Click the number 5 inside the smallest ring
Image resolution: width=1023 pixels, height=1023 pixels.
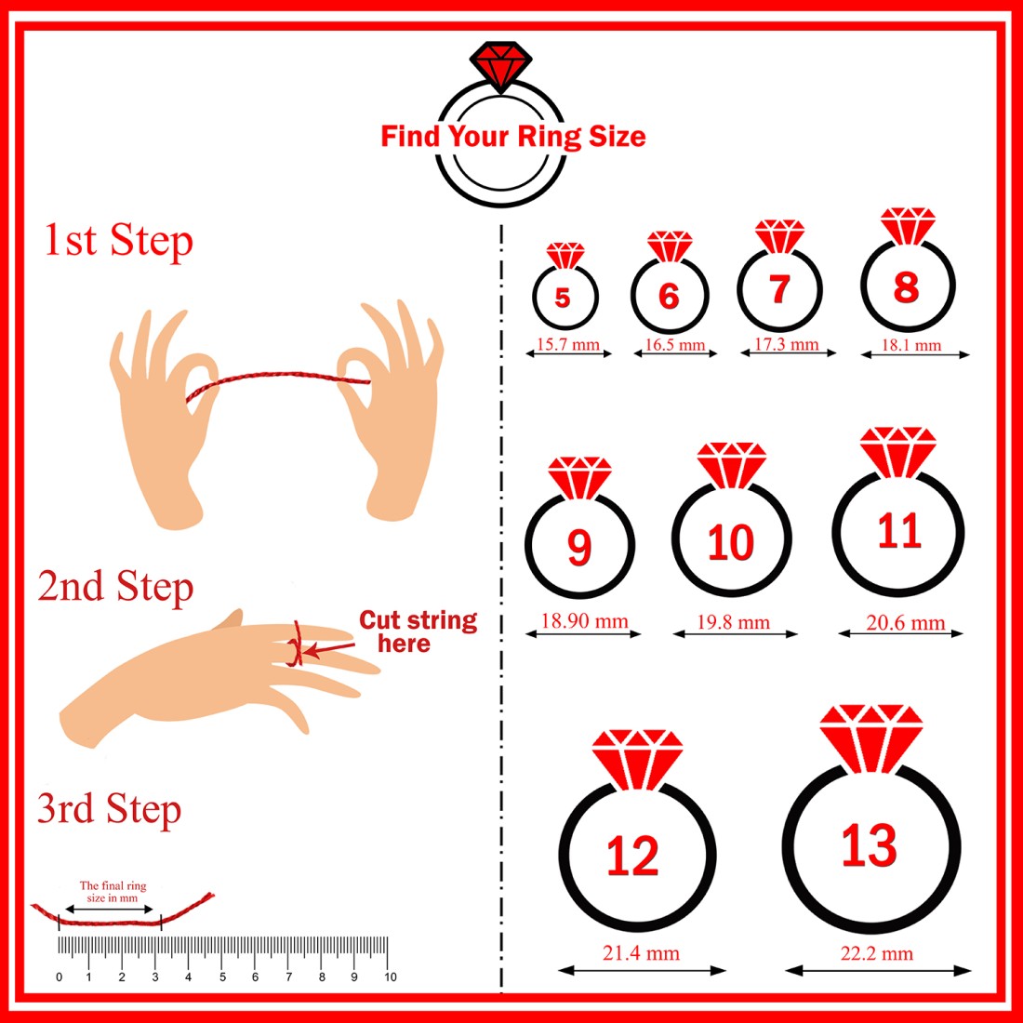(x=563, y=298)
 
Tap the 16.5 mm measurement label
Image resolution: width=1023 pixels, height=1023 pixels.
(x=675, y=344)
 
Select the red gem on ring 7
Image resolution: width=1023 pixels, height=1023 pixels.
(x=779, y=236)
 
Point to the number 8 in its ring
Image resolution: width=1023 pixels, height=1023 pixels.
(x=906, y=287)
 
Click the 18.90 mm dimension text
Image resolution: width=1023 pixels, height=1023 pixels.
(x=584, y=620)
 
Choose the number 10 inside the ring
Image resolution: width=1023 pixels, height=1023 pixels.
(x=731, y=542)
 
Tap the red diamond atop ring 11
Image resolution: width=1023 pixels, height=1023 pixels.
(x=897, y=451)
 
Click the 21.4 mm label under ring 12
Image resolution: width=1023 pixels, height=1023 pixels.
(x=641, y=953)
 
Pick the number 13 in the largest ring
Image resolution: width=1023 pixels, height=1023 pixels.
(x=869, y=845)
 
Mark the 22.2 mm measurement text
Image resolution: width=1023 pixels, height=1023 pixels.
(x=876, y=953)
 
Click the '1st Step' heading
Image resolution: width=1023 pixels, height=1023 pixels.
(x=118, y=241)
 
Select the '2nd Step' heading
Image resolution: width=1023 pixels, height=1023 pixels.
(x=115, y=586)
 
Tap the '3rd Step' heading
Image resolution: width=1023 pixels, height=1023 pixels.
(x=109, y=809)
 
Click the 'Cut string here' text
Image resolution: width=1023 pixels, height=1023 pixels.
(x=418, y=631)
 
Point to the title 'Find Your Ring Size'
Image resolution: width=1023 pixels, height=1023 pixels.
(x=512, y=137)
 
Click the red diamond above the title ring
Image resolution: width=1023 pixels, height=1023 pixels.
(x=500, y=64)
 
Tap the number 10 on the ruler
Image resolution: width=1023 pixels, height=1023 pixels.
(x=391, y=976)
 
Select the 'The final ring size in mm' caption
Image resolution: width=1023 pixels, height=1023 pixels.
(x=113, y=891)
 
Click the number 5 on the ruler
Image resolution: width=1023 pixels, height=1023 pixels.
(x=222, y=976)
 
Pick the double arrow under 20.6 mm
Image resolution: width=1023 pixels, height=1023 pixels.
(x=900, y=632)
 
